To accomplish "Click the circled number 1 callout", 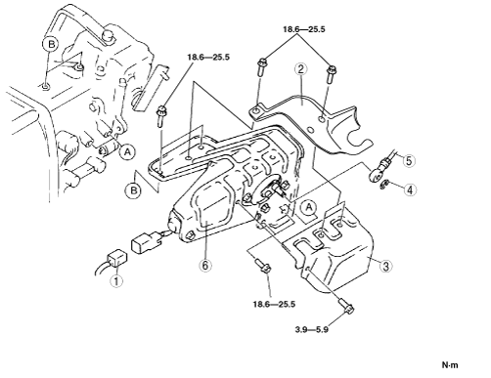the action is pyautogui.click(x=116, y=281).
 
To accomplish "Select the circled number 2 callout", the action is pyautogui.click(x=300, y=68).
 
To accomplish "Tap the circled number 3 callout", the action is pyautogui.click(x=385, y=266).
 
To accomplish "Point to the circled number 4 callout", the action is pyautogui.click(x=410, y=189).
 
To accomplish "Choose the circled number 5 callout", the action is pyautogui.click(x=409, y=161).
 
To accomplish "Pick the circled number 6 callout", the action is pyautogui.click(x=205, y=266).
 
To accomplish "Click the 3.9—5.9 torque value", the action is pyautogui.click(x=312, y=329).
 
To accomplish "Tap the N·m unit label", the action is pyautogui.click(x=450, y=365).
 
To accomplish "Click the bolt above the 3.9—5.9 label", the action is pyautogui.click(x=346, y=306).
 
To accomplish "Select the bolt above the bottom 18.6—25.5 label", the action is pyautogui.click(x=262, y=265).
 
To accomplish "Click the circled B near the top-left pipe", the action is pyautogui.click(x=51, y=44).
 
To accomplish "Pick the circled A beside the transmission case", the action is pyautogui.click(x=127, y=151).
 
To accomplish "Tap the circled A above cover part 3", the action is pyautogui.click(x=309, y=207).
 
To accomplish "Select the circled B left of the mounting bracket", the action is pyautogui.click(x=134, y=189).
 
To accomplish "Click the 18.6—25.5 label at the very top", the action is pyautogui.click(x=304, y=29).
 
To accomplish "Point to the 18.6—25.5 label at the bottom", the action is pyautogui.click(x=274, y=305).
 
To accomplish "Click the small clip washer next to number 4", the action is pyautogui.click(x=384, y=185).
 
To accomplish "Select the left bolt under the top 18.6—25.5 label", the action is pyautogui.click(x=262, y=66).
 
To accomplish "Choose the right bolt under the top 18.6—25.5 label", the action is pyautogui.click(x=332, y=73).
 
